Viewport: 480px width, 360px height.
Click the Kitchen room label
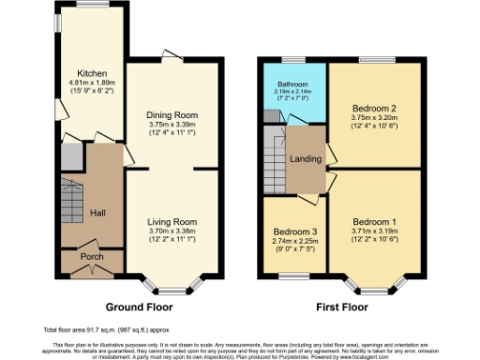click(x=92, y=72)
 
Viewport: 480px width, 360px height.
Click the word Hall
click(x=97, y=213)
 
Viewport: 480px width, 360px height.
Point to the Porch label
click(x=92, y=257)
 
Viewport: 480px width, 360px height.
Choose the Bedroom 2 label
click(x=372, y=108)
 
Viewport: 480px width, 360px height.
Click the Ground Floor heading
click(x=137, y=306)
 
